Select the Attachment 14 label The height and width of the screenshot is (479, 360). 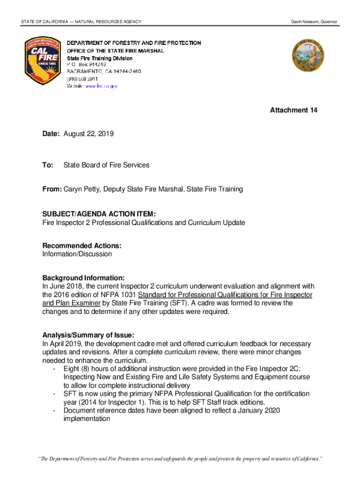pos(294,110)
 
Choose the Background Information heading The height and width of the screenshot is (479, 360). pos(83,278)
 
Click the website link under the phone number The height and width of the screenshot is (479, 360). pos(101,86)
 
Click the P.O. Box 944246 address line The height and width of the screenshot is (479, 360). pos(86,64)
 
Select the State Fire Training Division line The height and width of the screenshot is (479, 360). pos(99,58)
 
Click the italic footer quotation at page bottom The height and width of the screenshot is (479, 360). pos(180,458)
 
